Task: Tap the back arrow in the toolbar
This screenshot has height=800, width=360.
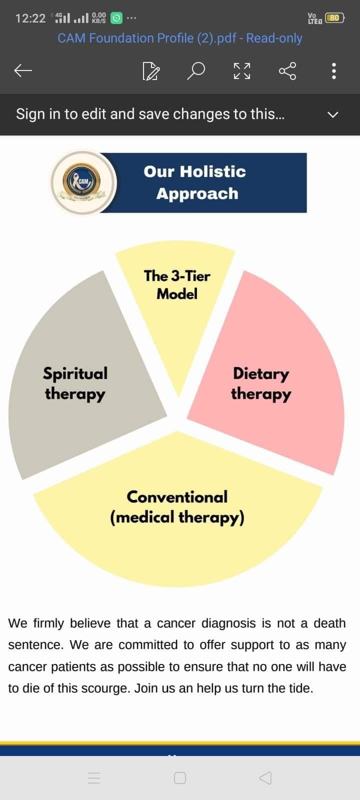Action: point(23,70)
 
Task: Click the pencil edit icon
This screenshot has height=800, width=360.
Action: point(151,71)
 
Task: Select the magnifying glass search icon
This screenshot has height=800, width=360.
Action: point(196,70)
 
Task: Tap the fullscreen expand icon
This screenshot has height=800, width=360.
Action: point(242,70)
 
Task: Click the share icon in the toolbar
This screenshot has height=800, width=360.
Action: point(287,70)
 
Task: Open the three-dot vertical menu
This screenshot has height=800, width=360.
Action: point(333,70)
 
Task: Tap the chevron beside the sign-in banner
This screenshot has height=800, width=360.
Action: point(333,114)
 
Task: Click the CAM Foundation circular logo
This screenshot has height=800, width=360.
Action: point(83,182)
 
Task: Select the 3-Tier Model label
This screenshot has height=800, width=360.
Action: point(177,284)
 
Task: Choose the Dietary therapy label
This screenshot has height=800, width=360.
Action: point(261,384)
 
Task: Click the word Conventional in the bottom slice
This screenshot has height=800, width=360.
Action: point(177,497)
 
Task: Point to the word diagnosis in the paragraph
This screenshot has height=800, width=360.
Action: point(228,623)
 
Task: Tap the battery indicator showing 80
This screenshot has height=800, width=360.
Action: point(334,18)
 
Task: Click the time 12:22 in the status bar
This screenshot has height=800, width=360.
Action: point(30,18)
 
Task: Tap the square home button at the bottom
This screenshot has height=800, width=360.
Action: point(179,778)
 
